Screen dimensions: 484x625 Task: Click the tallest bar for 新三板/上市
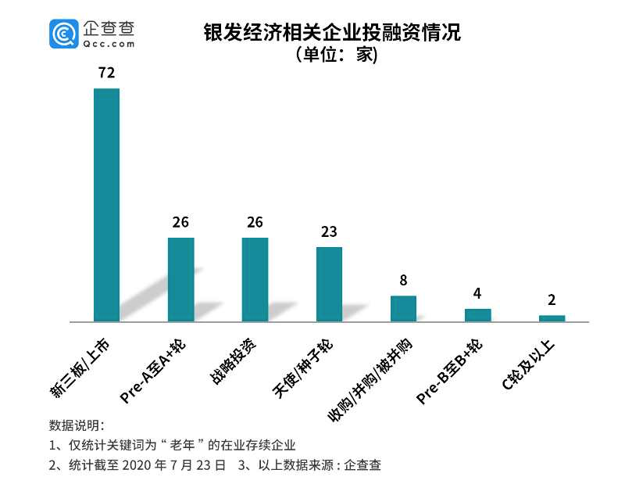106,205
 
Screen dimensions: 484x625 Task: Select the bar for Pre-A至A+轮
180,279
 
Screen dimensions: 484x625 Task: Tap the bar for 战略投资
255,279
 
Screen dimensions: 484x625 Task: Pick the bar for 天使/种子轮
329,284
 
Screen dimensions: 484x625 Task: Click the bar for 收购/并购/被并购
403,308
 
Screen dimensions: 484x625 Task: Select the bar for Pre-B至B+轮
477,315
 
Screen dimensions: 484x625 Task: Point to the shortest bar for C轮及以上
552,318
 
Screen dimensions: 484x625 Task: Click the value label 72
106,73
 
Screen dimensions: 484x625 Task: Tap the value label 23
329,232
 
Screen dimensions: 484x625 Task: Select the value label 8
403,281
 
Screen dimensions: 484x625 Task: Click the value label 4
477,294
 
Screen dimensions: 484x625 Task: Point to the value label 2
552,300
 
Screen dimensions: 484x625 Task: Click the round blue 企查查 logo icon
63,33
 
